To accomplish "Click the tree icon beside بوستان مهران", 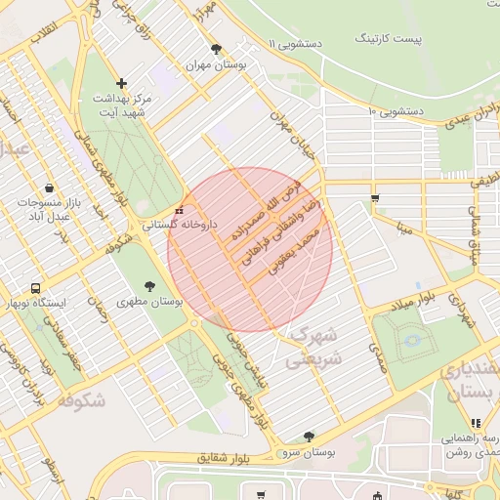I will coord(216,49).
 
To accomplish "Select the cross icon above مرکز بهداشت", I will coord(121,84).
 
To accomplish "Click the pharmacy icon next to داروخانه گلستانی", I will coord(178,211).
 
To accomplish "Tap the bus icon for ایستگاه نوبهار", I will coord(36,288).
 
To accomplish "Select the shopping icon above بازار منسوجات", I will coord(49,187).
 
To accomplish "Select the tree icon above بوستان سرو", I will coord(310,437).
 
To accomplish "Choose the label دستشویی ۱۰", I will coord(395,111).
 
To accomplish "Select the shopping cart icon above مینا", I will coord(376,198).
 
